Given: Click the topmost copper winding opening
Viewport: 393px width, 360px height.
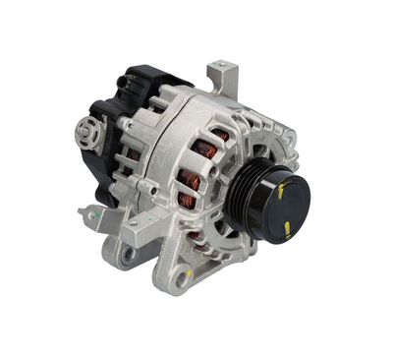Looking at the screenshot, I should pyautogui.click(x=218, y=128).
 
